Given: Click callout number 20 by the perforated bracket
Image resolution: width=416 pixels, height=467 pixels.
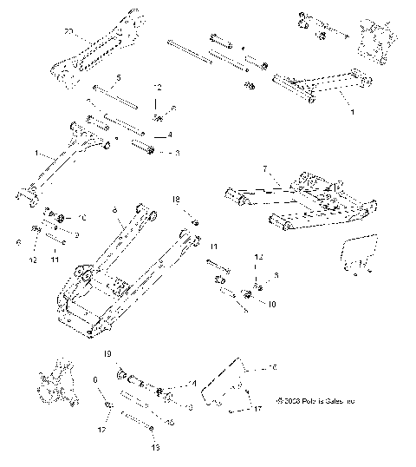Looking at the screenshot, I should [x=68, y=31].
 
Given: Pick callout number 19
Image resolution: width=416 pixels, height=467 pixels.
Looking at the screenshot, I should [x=107, y=355].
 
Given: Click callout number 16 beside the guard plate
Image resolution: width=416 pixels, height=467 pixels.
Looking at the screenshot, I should [x=274, y=367].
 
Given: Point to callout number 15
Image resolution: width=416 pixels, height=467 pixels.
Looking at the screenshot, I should [x=170, y=421].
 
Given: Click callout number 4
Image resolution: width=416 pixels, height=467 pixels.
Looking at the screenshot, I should [x=170, y=135].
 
